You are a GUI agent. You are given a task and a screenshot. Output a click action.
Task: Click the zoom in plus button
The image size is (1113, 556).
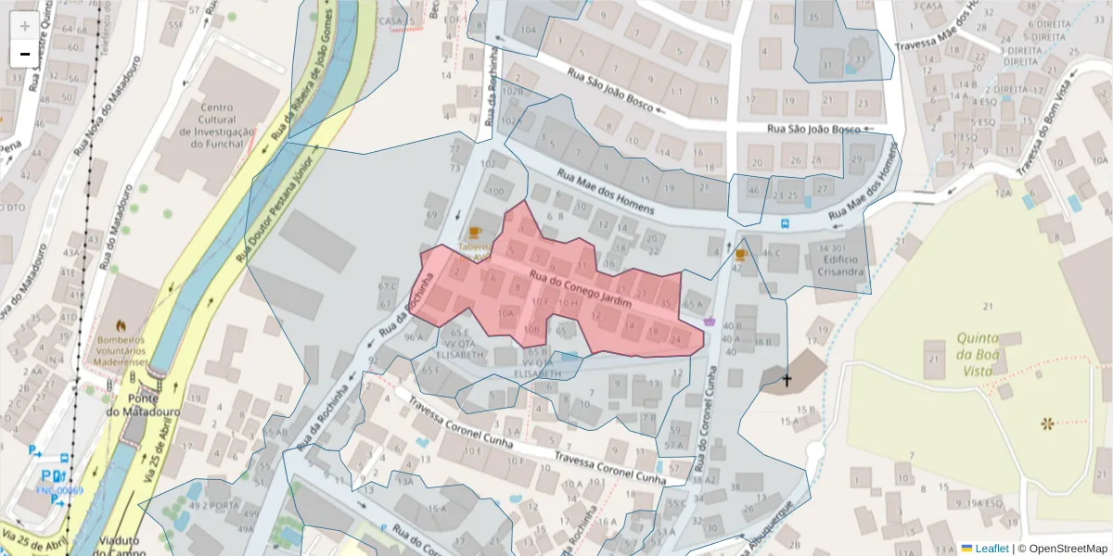click(x=25, y=26)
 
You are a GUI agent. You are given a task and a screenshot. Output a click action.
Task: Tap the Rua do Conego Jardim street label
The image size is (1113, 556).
click(x=580, y=290)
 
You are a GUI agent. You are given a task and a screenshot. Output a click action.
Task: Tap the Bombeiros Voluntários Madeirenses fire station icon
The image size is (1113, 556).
click(x=120, y=325)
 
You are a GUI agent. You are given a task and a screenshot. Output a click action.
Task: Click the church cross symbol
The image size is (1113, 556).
click(x=787, y=380)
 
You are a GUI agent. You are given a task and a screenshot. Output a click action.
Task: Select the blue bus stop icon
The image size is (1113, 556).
click(x=786, y=223)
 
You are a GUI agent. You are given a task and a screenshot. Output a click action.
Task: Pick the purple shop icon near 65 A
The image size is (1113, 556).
click(x=710, y=321)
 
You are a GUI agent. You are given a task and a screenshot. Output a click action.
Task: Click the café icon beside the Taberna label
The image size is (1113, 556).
click(x=475, y=232)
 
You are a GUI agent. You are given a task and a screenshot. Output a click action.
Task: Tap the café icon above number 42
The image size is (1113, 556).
click(x=740, y=253)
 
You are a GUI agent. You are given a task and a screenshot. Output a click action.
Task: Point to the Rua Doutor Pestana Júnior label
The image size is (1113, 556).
click(x=278, y=204)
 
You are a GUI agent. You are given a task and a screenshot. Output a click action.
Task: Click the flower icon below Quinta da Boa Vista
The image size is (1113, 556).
click(x=1047, y=423)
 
